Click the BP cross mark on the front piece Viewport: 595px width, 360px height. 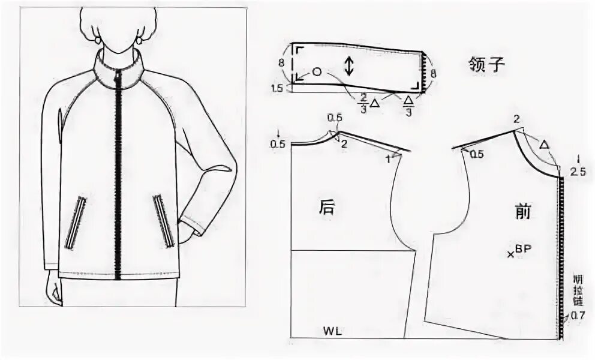pos(510,254)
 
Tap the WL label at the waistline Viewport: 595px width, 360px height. pos(332,331)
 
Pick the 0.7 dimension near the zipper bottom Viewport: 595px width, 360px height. pos(578,314)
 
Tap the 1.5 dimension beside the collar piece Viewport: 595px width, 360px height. pos(277,88)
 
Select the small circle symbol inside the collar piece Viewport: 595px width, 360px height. pos(317,72)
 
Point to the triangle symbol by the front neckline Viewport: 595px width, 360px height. pos(544,145)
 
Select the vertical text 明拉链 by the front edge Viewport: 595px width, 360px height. pos(578,291)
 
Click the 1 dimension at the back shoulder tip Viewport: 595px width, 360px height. pos(388,158)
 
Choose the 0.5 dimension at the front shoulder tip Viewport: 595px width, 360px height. pos(477,154)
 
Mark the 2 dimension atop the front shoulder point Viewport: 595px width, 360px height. pos(516,119)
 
